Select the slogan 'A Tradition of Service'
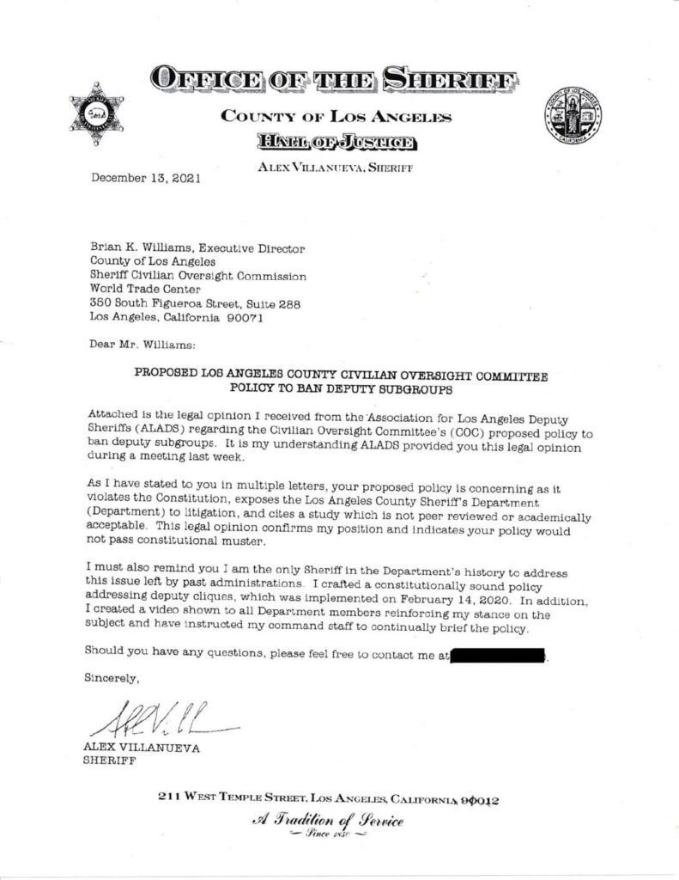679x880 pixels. (x=339, y=820)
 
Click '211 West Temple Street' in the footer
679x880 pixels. (x=232, y=798)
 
